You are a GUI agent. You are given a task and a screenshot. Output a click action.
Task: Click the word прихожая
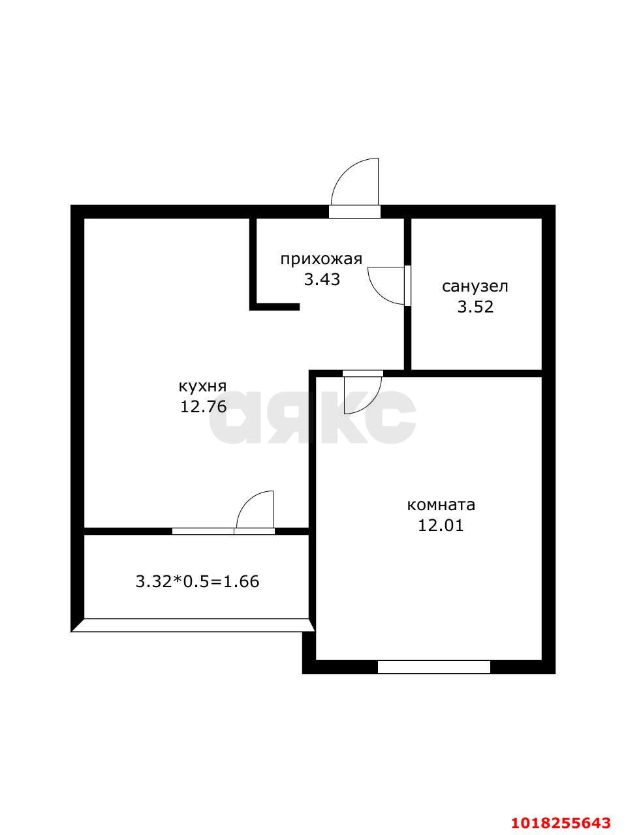click(322, 260)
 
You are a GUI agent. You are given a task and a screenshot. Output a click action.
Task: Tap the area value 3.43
click(322, 280)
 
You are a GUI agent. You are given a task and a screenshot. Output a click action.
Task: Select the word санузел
click(475, 287)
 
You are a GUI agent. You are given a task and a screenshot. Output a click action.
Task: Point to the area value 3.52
click(475, 307)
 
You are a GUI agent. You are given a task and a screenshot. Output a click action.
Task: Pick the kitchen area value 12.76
click(203, 407)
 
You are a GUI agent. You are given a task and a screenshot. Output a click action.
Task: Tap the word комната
click(441, 506)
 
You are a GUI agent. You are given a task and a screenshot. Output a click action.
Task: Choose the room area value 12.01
click(441, 526)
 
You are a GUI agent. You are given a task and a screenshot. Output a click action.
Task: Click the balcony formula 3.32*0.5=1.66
click(198, 582)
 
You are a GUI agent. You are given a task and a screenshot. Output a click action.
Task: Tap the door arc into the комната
click(371, 404)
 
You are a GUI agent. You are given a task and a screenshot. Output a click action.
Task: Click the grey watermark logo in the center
click(313, 417)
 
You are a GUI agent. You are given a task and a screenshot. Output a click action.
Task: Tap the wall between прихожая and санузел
click(407, 294)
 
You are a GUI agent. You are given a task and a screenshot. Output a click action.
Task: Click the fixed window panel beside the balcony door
click(203, 532)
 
